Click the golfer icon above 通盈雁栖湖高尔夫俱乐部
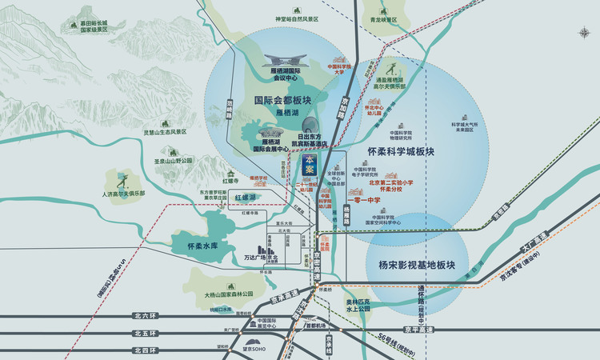[x=393, y=66]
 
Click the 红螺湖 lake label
[x=245, y=197]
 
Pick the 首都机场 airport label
[x=315, y=326]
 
